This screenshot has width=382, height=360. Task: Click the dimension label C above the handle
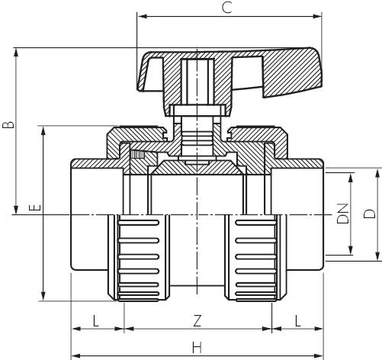click(226, 8)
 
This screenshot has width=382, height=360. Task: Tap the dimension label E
click(32, 207)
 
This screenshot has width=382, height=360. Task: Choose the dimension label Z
click(197, 320)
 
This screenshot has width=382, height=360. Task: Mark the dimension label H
click(197, 348)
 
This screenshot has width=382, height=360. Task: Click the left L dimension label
click(95, 320)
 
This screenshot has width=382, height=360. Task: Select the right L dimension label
click(296, 320)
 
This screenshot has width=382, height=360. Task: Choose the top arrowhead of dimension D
click(377, 172)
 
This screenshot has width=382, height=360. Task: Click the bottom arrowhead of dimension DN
click(351, 253)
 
